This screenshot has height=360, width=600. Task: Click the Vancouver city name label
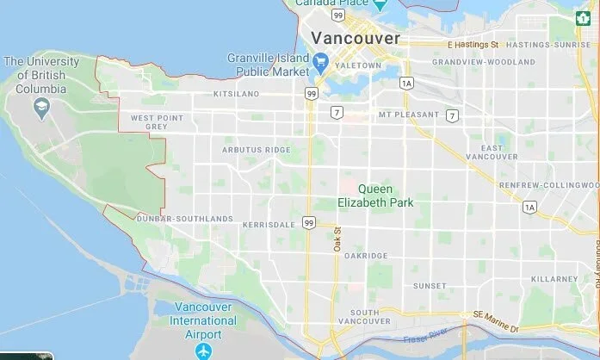pos(356,39)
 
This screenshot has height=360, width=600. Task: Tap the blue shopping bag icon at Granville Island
pos(321,60)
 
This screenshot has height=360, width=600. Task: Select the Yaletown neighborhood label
pos(359,65)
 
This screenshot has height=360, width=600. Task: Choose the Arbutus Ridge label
pos(256,149)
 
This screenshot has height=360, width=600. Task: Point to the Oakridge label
pos(366,256)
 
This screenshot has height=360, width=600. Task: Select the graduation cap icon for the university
pos(40,106)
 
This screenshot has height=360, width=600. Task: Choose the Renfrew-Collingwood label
pos(550,185)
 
